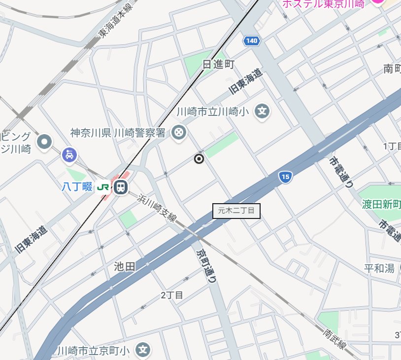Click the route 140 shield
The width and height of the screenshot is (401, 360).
251,41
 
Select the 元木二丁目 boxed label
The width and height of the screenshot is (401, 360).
236,211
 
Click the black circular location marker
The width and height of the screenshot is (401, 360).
199,159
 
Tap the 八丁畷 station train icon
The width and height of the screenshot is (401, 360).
120,187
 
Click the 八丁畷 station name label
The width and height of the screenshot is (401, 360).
77,186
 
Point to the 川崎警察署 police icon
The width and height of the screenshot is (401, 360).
178,132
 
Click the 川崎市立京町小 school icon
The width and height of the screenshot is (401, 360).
143,350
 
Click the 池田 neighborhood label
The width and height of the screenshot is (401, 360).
124,267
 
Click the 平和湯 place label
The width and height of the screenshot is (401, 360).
379,268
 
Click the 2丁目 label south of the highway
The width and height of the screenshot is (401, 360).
172,295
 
